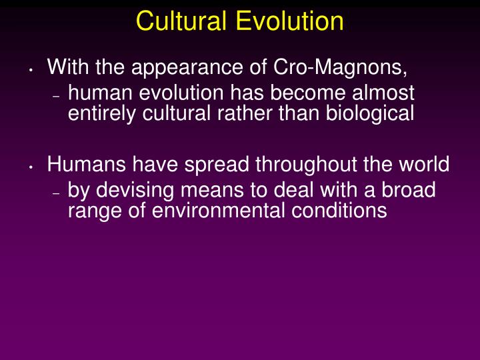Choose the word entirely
pos(103,114)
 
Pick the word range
pos(90,211)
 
